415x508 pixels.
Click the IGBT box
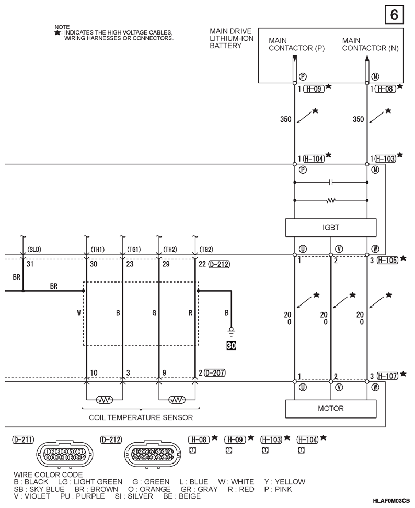coord(330,228)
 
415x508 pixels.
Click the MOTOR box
coord(330,409)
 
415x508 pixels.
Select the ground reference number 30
coord(231,345)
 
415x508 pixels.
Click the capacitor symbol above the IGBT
coord(330,183)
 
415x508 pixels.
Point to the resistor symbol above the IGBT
coord(330,200)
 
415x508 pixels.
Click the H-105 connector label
coord(387,259)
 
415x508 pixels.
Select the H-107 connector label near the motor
coord(387,376)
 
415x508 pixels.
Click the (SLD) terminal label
coord(33,250)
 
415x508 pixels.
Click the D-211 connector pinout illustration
coord(65,455)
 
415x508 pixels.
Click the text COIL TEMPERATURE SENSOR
coord(141,417)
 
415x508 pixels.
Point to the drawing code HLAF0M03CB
coord(391,501)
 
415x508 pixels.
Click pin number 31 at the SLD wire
coord(30,264)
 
